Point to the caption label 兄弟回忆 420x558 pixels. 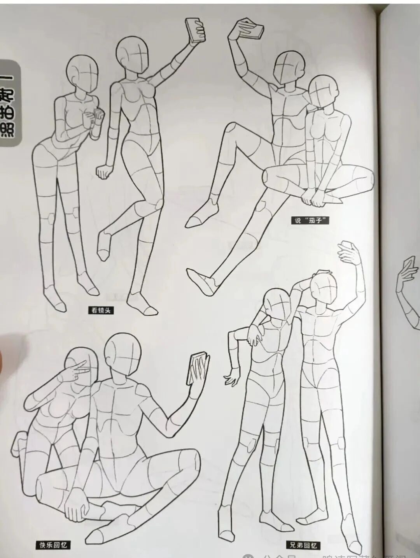click(x=303, y=545)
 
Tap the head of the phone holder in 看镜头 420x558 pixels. click(x=133, y=54)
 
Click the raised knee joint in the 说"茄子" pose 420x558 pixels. click(x=229, y=129)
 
